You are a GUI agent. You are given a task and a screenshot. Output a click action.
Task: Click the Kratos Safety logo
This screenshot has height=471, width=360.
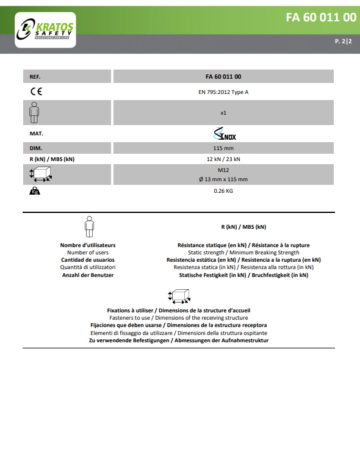[x=45, y=30]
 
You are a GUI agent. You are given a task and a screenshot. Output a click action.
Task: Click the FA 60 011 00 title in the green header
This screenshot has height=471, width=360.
[x=321, y=18]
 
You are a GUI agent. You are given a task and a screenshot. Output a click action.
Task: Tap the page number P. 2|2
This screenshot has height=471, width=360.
[x=343, y=41]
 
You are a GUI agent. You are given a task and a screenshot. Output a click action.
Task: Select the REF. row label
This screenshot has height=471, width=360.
[x=35, y=77]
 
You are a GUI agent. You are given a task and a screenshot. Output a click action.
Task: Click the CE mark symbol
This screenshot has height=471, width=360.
[x=37, y=92]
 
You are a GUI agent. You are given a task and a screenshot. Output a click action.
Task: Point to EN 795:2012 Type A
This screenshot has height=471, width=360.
[x=223, y=92]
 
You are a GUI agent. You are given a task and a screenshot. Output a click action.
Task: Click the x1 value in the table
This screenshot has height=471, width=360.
[x=223, y=113]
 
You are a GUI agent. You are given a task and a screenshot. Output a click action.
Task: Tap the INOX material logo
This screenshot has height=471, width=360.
[x=225, y=134]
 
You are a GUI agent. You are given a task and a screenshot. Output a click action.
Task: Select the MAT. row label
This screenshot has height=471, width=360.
[x=37, y=134]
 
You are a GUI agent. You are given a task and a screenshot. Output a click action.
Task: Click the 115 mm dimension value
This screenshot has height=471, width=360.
[x=223, y=148]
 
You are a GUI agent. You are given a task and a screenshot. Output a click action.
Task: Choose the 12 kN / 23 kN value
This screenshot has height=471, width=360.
[x=223, y=159]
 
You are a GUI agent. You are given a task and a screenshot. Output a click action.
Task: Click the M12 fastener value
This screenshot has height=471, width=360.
[x=223, y=170]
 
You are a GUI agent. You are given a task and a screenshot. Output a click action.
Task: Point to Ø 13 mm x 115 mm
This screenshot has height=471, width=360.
[x=223, y=179]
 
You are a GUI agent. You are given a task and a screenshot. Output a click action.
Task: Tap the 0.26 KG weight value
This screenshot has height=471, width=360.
[x=223, y=191]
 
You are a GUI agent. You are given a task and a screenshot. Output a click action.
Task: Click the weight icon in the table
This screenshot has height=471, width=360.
[x=35, y=191]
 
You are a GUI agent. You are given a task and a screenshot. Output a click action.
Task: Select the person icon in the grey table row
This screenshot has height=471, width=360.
[x=34, y=112]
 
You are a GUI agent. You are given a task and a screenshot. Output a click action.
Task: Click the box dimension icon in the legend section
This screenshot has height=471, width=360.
[x=179, y=296]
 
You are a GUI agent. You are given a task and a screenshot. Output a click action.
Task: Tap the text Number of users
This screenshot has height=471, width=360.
[x=88, y=253]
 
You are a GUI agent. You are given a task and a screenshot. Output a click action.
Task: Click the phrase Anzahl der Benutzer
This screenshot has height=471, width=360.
[x=88, y=275]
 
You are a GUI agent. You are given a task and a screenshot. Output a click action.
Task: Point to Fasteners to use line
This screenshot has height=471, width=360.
[x=179, y=318]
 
